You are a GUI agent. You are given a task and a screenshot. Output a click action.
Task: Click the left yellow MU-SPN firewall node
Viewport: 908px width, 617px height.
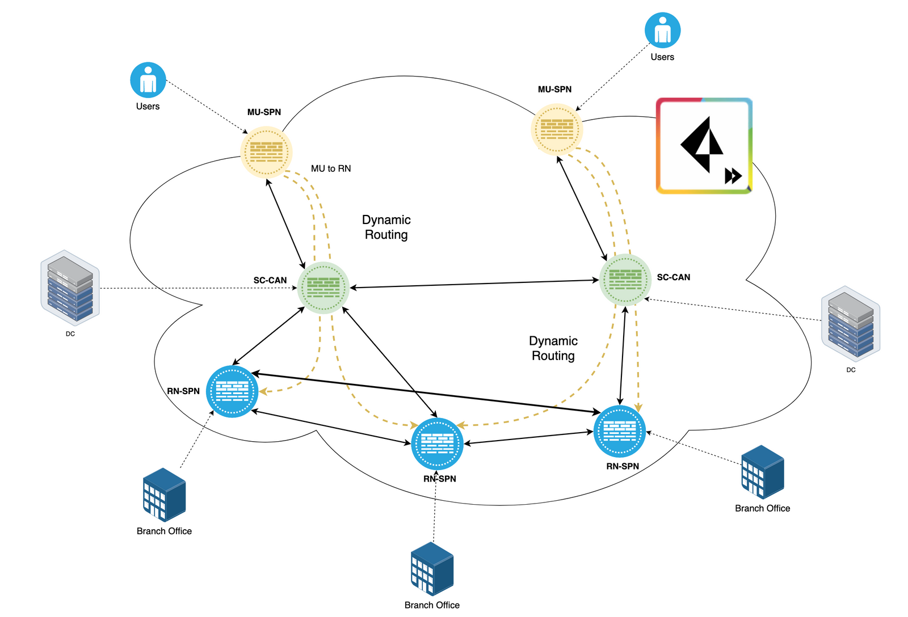point(266,152)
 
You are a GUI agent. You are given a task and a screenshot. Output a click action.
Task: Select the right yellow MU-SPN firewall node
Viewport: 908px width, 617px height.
point(557,129)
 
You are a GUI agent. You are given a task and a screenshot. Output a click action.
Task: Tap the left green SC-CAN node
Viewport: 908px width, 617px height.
point(323,288)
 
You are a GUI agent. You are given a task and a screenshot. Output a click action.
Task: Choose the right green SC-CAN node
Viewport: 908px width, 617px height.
point(625,279)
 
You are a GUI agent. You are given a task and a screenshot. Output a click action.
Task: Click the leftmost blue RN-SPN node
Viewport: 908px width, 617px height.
point(232,391)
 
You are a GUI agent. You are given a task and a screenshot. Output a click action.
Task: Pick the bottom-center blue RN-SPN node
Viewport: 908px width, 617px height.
point(437,443)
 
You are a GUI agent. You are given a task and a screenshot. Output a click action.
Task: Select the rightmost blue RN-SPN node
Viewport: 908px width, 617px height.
point(619,432)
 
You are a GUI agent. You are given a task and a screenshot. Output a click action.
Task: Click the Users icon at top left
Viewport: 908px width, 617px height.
point(148,80)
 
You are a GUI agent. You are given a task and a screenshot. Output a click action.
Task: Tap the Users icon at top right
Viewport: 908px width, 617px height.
point(662,30)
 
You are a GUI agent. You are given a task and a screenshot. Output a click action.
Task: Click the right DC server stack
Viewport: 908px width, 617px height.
point(851,324)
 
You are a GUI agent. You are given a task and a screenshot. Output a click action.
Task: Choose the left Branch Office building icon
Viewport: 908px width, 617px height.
point(164,495)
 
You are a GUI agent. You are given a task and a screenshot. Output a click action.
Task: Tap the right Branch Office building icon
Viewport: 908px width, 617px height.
point(762,472)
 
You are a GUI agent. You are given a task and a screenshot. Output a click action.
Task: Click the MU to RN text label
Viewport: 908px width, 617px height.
point(331,168)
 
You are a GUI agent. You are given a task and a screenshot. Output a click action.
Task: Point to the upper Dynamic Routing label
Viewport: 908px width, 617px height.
point(386,227)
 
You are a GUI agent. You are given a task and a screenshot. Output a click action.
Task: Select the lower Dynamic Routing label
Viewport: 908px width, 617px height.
point(553,348)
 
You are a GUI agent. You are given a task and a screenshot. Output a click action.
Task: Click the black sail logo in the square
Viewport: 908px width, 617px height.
point(701,144)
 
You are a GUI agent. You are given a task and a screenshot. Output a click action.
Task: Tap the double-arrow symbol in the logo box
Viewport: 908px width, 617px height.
point(733,176)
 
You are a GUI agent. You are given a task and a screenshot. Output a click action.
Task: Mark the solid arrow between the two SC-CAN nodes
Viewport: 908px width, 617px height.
point(474,284)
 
